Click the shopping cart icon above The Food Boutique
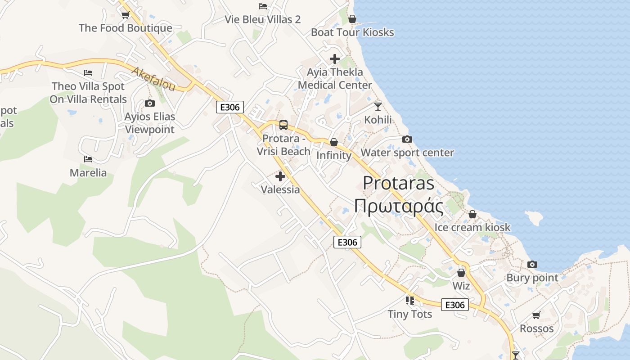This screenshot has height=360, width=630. point(125,15)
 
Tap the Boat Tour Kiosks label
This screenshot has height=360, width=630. point(352,32)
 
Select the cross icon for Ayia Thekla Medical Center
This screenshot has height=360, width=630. point(334,58)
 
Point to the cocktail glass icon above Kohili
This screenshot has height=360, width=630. point(378,106)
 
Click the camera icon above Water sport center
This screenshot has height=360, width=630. point(407,139)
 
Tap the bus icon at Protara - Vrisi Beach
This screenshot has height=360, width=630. point(283,125)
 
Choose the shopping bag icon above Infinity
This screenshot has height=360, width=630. point(333,142)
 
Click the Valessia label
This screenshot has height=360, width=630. point(280,189)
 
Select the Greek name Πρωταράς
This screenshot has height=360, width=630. point(399,207)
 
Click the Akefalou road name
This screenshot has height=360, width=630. point(153,79)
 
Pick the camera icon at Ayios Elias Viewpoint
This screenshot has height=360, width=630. point(149,103)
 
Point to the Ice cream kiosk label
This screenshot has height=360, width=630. point(472,227)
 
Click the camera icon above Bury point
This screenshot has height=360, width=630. point(532,264)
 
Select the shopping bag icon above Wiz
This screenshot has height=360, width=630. point(461,273)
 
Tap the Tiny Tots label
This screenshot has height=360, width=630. point(410,314)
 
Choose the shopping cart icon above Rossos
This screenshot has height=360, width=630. point(536,315)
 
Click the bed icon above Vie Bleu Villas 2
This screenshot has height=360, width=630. point(263,6)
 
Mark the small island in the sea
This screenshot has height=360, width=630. point(534,218)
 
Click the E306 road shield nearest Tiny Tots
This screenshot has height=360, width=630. point(454,305)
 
